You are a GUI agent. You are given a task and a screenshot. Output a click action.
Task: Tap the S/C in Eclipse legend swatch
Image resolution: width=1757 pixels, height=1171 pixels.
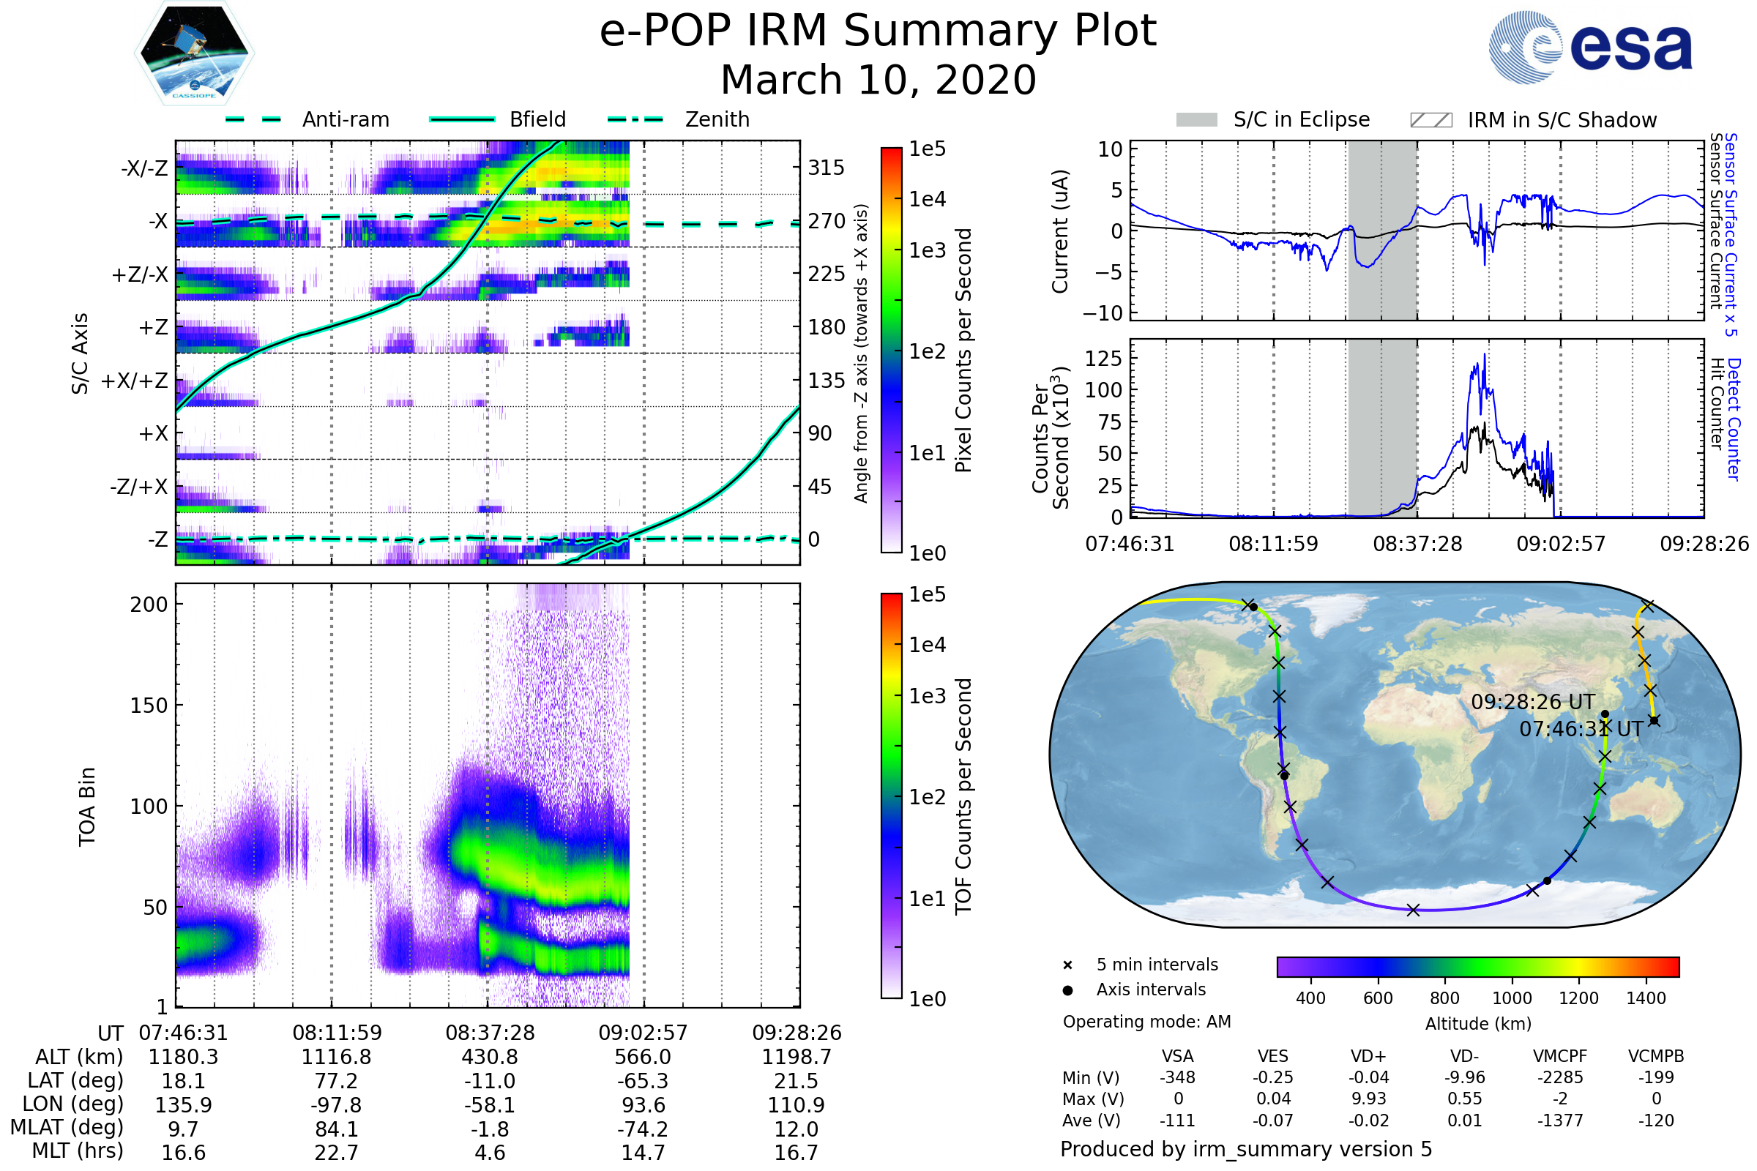[1196, 120]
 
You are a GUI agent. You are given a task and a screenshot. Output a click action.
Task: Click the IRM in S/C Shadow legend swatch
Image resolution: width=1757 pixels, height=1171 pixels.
[1430, 120]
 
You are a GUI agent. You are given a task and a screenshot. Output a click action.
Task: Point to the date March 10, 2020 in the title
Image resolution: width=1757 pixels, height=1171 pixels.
[878, 80]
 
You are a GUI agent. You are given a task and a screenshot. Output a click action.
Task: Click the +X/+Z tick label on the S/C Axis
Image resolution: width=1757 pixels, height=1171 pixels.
[135, 381]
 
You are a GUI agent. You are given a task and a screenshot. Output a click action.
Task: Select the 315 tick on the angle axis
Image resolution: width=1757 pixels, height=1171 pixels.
[826, 168]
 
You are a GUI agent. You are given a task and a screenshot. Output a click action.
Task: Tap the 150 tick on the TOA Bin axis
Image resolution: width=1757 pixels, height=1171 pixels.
[149, 705]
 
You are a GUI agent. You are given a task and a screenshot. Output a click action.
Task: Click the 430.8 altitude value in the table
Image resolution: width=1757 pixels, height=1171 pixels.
[489, 1057]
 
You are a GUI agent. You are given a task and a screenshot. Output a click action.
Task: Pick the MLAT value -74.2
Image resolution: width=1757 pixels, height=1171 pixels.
[643, 1129]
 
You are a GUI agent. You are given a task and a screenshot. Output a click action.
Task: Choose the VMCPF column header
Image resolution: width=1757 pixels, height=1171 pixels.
[1560, 1056]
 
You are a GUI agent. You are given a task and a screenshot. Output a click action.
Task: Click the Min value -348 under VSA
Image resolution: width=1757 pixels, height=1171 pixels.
[1177, 1077]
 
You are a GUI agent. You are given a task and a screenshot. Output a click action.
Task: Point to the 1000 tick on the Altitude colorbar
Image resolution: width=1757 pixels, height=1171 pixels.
[1511, 998]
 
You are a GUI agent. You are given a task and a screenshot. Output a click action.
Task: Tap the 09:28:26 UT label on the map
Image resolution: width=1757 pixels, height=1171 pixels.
[1533, 702]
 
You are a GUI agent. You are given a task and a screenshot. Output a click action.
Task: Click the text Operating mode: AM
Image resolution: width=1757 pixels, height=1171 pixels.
[1146, 1022]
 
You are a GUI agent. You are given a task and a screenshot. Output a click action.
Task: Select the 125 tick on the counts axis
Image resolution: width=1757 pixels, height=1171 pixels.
[1103, 359]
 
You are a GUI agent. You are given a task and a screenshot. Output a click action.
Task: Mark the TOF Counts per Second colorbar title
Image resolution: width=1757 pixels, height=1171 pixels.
[963, 796]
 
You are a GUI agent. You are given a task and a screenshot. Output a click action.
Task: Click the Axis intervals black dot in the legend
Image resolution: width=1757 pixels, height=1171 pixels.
[1067, 990]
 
